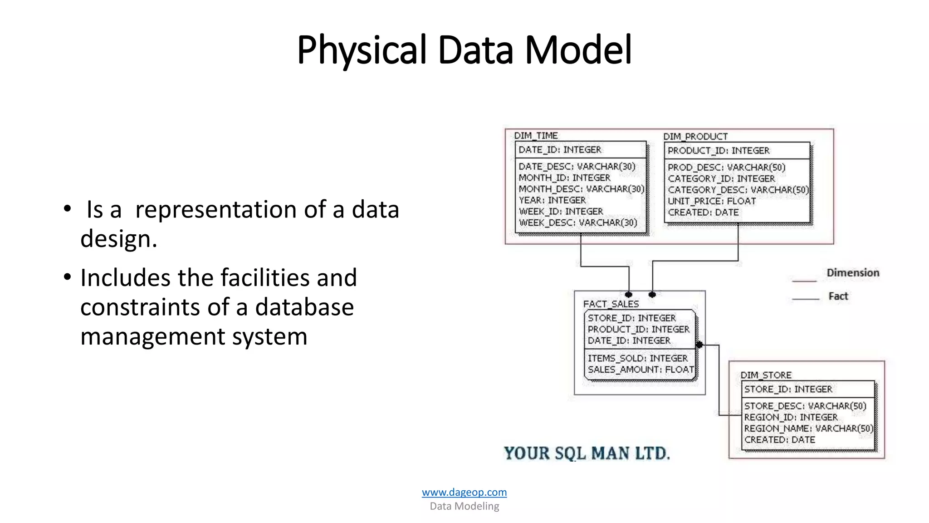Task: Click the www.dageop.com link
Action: (464, 492)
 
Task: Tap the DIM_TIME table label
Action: (536, 135)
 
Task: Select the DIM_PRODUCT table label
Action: (695, 136)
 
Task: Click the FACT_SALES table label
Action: (611, 304)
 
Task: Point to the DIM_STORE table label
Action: (766, 375)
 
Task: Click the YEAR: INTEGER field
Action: (552, 200)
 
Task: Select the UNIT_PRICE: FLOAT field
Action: (711, 201)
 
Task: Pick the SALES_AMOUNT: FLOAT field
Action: (641, 370)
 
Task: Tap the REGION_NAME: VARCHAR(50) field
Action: (808, 429)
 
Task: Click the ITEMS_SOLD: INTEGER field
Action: (637, 358)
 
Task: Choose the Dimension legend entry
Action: (852, 273)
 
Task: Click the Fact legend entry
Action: (838, 296)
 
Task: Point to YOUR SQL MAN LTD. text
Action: (587, 453)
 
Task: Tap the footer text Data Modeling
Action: (464, 506)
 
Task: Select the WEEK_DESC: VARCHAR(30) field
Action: (578, 223)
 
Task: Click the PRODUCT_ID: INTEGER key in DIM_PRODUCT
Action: (718, 151)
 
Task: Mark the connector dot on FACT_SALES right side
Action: (699, 345)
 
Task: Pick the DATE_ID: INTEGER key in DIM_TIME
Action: (560, 150)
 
